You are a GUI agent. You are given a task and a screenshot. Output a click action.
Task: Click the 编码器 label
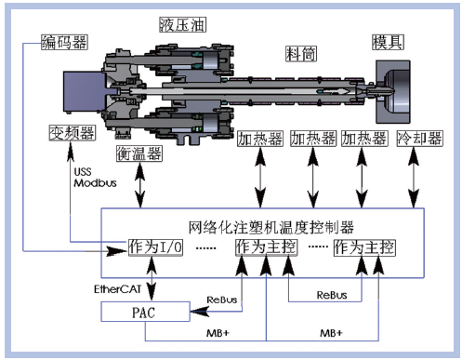point(64,42)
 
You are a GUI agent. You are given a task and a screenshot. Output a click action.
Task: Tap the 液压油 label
point(182,25)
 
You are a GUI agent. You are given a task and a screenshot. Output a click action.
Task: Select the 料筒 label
point(301,54)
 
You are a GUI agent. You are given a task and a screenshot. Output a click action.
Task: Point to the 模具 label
point(388,42)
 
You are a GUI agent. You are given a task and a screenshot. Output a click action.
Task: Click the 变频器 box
point(73,133)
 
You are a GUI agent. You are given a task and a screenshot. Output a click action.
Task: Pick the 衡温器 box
point(139,153)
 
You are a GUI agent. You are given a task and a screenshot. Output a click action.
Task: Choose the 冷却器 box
point(420,139)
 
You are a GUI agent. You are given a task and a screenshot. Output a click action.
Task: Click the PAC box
point(145,312)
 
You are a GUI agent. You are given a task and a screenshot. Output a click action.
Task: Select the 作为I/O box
point(155,247)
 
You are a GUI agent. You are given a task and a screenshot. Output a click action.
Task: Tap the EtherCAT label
point(118,289)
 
